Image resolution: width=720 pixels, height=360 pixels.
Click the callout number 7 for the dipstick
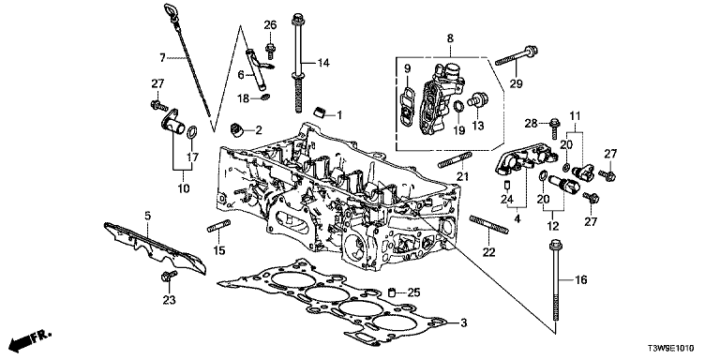(x=162, y=58)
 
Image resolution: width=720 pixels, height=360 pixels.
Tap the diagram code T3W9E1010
(x=670, y=348)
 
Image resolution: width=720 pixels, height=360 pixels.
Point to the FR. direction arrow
(x=31, y=338)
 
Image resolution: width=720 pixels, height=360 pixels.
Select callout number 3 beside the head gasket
(x=463, y=323)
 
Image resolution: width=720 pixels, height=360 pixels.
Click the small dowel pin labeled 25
(x=392, y=292)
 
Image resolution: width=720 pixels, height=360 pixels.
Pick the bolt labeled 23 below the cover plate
(x=169, y=277)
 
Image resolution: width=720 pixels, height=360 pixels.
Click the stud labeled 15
(x=218, y=226)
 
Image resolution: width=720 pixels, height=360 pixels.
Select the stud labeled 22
(x=489, y=225)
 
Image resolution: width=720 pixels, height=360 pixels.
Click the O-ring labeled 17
(x=192, y=132)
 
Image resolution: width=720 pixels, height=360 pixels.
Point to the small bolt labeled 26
(x=270, y=49)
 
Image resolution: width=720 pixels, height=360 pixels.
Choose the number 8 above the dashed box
(x=450, y=38)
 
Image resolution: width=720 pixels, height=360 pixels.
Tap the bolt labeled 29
(x=517, y=56)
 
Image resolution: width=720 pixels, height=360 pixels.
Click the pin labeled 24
(x=508, y=185)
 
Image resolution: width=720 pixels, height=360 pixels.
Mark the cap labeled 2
(x=237, y=130)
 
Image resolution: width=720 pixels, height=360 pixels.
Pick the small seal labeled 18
(x=265, y=97)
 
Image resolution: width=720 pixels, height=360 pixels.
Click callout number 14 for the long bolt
(x=323, y=63)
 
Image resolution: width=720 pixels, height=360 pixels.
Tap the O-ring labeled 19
(x=458, y=107)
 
